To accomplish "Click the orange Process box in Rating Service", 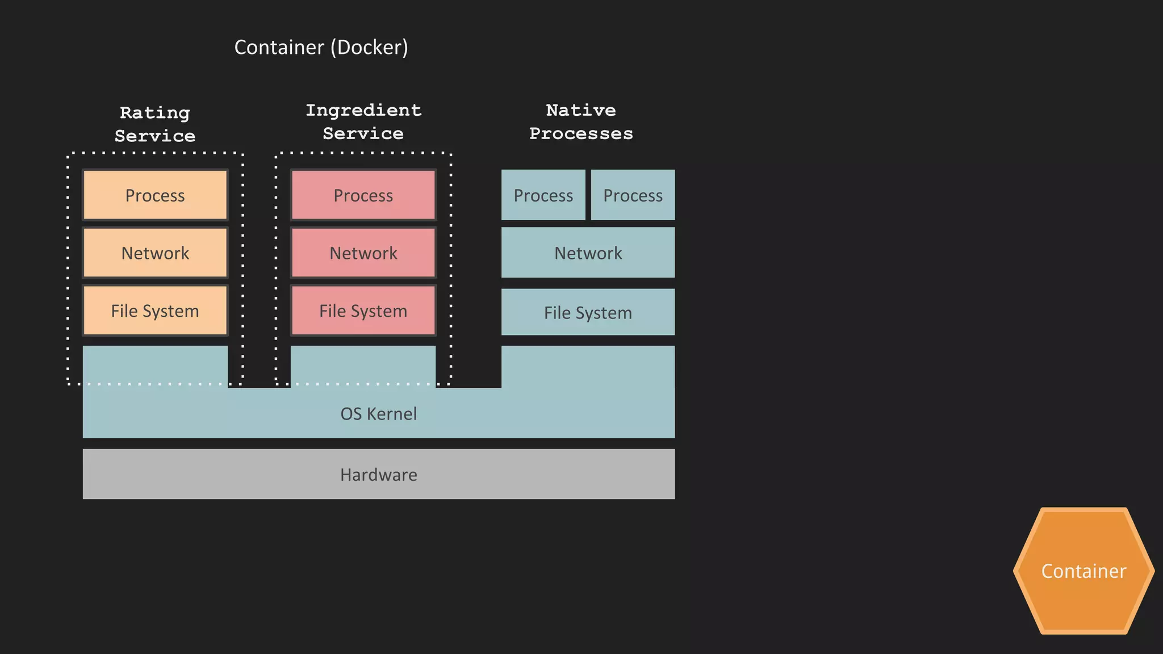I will [x=155, y=195].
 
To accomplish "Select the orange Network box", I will [x=155, y=253].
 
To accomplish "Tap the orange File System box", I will [x=155, y=311].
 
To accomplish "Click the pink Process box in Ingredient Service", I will [x=363, y=195].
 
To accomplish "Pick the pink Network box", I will [x=363, y=253].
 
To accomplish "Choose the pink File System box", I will [x=363, y=311].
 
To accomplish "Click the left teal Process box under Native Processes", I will [x=543, y=195].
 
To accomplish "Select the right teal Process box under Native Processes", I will [x=633, y=195].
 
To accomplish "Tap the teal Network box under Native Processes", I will [x=588, y=253].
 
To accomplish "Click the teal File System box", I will [x=588, y=312].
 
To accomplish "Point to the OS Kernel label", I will [x=378, y=414].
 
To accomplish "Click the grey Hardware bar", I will [x=378, y=475].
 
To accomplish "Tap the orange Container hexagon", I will [x=1083, y=571].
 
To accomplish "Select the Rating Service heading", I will [x=155, y=124].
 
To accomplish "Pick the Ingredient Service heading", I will [x=363, y=121].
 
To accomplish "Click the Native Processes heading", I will [x=581, y=121].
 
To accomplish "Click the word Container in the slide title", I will [x=279, y=47].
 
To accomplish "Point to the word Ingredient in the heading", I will [x=363, y=110].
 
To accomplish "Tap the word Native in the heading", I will [x=581, y=110].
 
